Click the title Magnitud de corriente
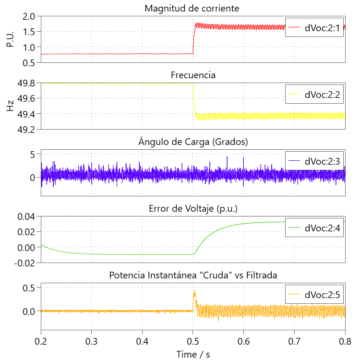click(193, 9)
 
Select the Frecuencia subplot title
click(193, 75)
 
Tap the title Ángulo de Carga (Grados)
click(193, 142)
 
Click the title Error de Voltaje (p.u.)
click(193, 209)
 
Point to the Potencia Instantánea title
click(193, 275)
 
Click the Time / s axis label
click(193, 354)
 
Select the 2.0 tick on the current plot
click(29, 16)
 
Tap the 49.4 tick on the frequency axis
click(25, 114)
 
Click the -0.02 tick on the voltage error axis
click(24, 263)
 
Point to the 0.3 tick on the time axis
click(92, 341)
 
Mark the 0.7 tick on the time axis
click(295, 341)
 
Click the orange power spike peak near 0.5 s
click(194, 291)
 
